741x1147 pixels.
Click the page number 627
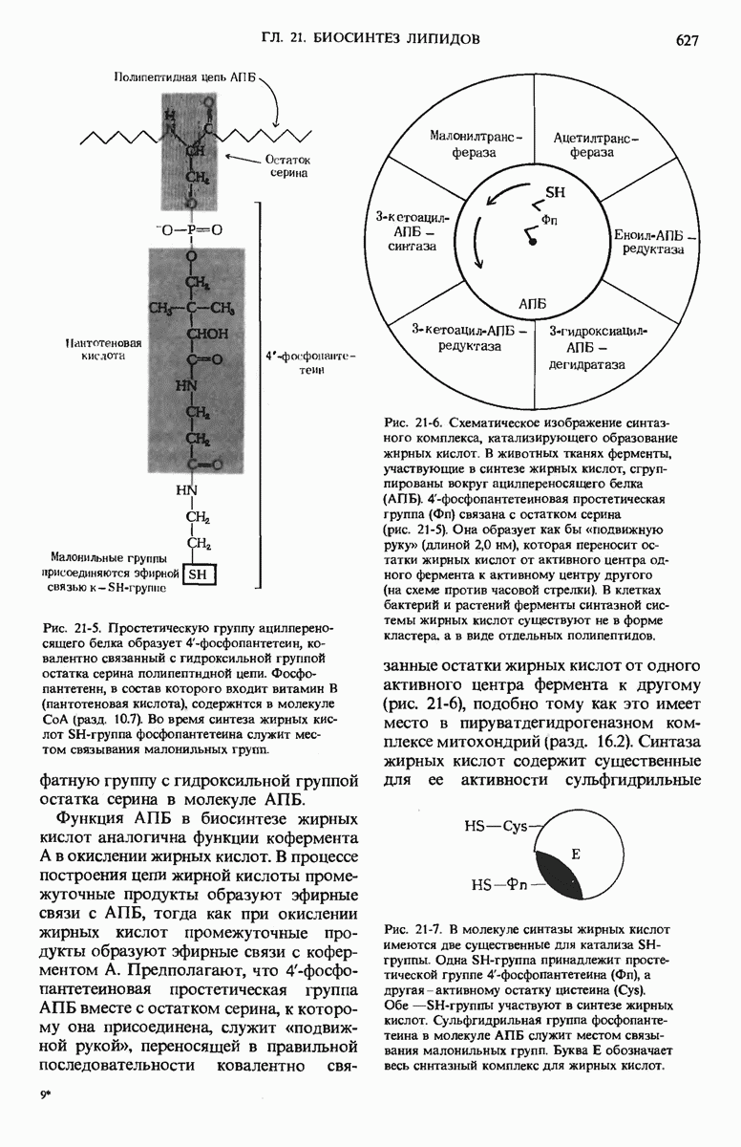[x=687, y=39]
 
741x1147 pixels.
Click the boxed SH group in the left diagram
[x=200, y=574]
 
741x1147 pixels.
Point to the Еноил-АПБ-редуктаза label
[x=654, y=242]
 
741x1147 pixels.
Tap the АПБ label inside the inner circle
[x=533, y=303]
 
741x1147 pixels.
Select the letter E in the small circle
[x=575, y=853]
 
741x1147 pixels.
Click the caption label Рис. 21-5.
[x=72, y=628]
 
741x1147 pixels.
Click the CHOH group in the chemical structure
[x=201, y=334]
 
